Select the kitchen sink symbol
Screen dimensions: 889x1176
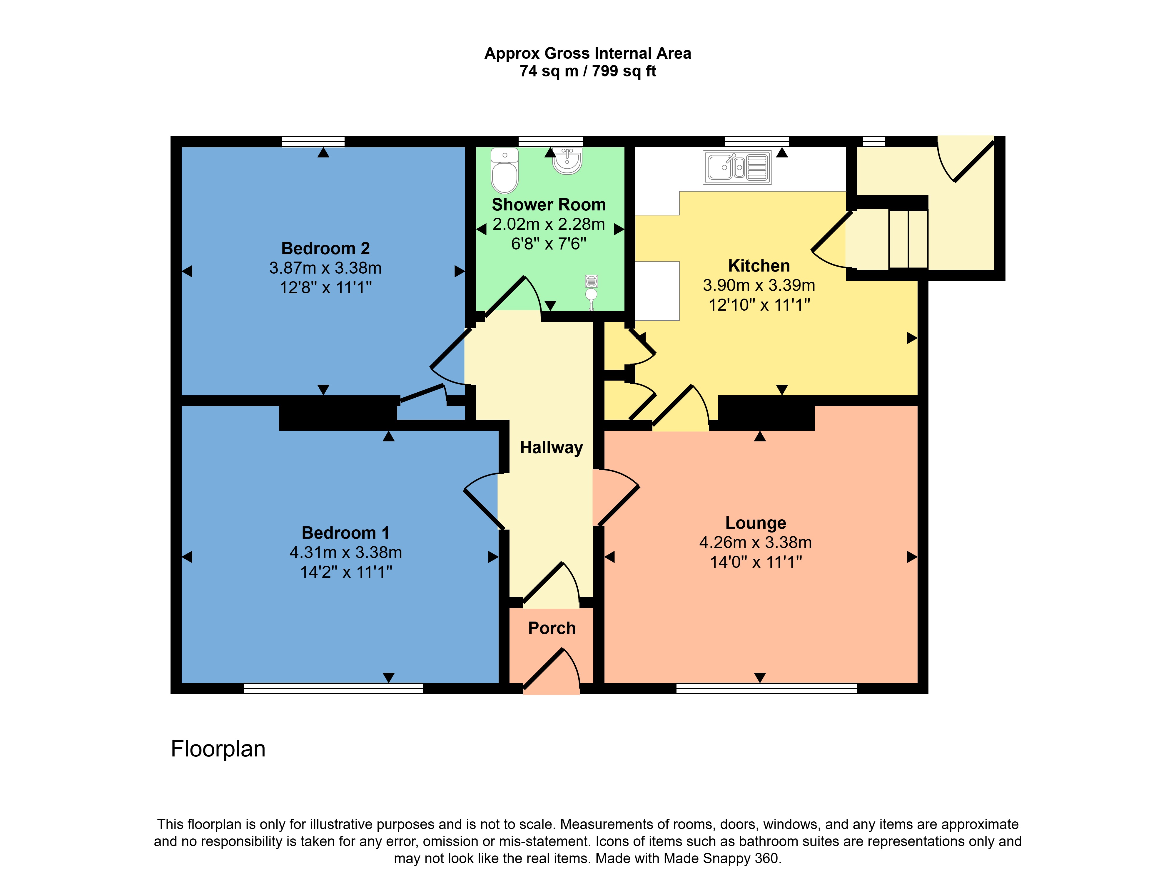[737, 168]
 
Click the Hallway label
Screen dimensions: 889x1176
[551, 447]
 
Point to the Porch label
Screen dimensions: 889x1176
[552, 628]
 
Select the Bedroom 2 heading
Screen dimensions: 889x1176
[325, 248]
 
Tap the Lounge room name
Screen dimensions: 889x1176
[756, 523]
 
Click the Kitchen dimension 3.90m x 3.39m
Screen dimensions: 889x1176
[759, 285]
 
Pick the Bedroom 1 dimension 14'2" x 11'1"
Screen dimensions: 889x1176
[346, 572]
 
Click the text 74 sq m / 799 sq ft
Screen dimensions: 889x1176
[587, 71]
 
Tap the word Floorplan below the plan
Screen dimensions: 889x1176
[218, 749]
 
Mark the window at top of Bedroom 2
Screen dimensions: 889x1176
[313, 141]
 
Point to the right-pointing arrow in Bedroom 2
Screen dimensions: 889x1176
[459, 272]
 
